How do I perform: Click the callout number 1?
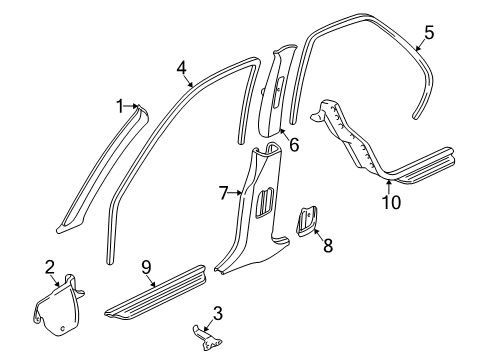click(x=120, y=107)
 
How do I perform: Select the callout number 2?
click(x=50, y=267)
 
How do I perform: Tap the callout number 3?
click(x=217, y=314)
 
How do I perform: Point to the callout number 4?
click(x=181, y=68)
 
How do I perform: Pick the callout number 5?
click(x=429, y=33)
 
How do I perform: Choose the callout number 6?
click(x=294, y=145)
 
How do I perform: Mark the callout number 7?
click(x=224, y=193)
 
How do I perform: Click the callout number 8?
click(x=328, y=246)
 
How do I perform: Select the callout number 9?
click(x=146, y=267)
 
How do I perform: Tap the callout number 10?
click(x=391, y=202)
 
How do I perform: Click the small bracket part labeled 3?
click(x=207, y=338)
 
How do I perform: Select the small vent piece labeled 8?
click(x=306, y=221)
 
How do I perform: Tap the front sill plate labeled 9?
click(x=156, y=291)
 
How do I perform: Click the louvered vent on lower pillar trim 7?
click(x=265, y=203)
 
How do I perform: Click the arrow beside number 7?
click(x=236, y=192)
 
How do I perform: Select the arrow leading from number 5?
click(x=420, y=45)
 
